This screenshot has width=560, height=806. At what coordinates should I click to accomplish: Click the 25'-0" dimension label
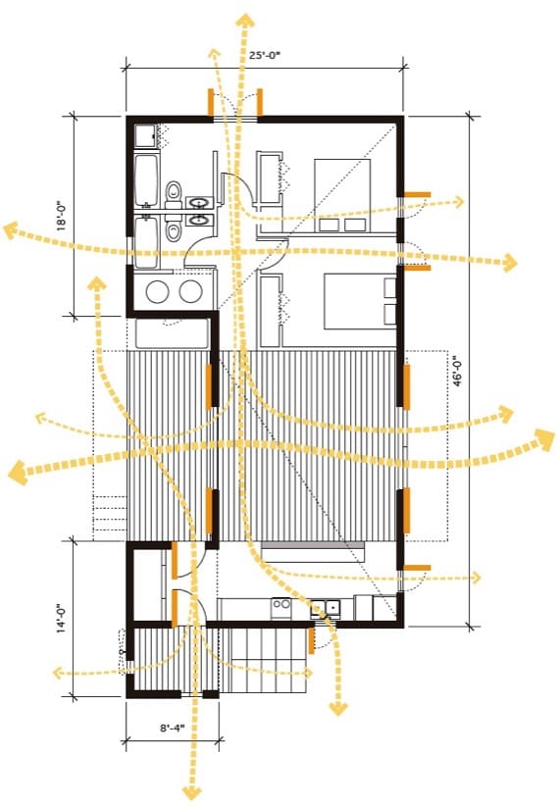[266, 55]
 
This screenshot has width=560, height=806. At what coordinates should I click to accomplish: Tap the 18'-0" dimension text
[61, 216]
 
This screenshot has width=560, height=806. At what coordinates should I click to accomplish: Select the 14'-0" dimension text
[61, 618]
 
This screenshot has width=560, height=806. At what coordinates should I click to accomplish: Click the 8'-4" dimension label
[172, 728]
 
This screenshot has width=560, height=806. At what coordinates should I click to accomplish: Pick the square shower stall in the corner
[147, 136]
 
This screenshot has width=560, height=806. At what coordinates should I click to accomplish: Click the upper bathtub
[146, 178]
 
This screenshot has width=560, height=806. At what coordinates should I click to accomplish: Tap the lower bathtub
[146, 242]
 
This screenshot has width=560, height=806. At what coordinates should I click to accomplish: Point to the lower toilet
[175, 230]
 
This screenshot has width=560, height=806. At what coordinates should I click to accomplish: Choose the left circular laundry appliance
[157, 291]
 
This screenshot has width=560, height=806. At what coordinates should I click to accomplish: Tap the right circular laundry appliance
[191, 291]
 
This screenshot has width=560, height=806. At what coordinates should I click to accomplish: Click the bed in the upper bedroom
[342, 195]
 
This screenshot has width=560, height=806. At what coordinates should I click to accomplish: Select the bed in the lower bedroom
[360, 301]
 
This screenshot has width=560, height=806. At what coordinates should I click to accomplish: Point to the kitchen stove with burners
[281, 608]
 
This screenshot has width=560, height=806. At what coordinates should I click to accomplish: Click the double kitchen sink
[326, 608]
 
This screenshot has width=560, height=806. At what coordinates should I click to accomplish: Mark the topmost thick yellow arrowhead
[245, 21]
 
